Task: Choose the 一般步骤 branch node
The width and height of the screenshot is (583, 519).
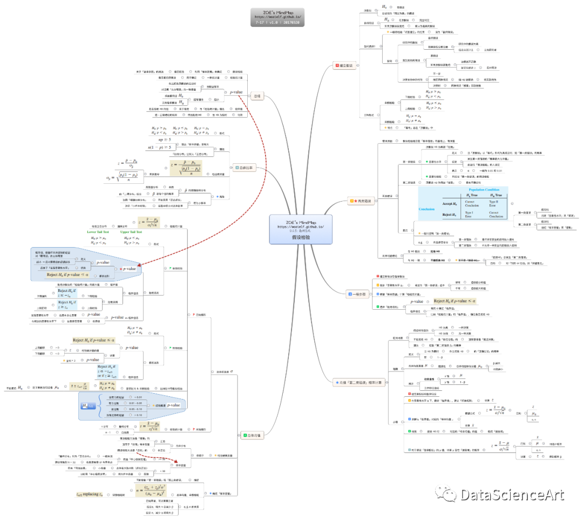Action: coord(357,294)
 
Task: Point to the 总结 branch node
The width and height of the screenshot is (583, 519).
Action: coord(257,96)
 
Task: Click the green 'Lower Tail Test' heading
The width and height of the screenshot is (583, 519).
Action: coord(102,231)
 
